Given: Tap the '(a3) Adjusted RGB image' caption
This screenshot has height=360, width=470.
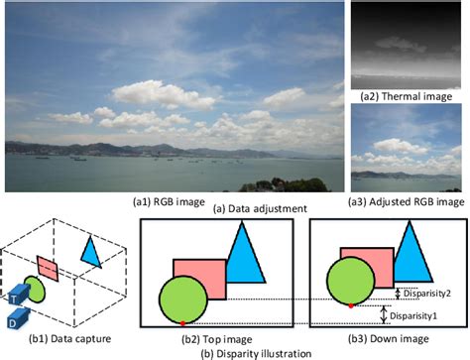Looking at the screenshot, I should pos(409,200).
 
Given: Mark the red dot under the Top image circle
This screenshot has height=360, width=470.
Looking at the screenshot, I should pos(184,323).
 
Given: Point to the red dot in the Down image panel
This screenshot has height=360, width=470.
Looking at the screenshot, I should pos(352,305).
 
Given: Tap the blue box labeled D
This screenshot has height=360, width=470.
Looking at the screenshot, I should pos(13,320).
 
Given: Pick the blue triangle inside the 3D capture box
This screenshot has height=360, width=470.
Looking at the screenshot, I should pos(92,252).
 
